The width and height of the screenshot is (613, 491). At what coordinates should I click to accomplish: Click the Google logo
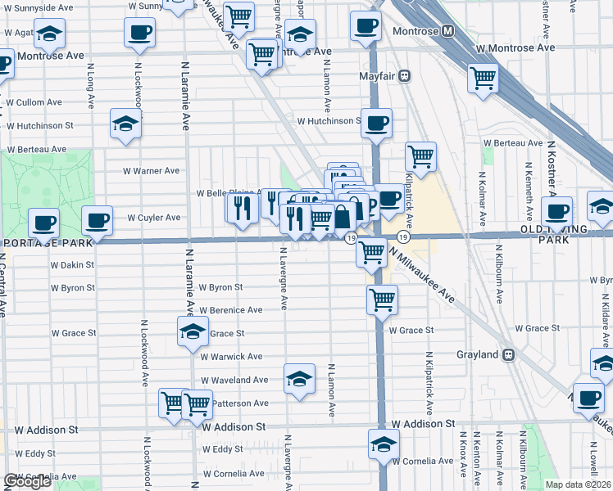[27, 481]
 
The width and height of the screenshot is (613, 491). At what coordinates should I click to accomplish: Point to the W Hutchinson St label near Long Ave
[40, 126]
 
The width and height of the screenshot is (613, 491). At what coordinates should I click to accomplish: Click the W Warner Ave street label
[151, 171]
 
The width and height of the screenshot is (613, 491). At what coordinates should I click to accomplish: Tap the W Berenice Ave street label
[231, 310]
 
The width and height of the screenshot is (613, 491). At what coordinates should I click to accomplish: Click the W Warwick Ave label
[232, 357]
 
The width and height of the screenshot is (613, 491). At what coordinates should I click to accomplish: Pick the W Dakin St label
[72, 265]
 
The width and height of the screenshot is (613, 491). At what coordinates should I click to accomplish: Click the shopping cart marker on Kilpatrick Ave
[420, 156]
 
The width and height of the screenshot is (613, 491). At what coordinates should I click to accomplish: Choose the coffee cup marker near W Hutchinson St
[377, 123]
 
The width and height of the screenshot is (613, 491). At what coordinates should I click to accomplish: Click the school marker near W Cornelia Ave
[383, 444]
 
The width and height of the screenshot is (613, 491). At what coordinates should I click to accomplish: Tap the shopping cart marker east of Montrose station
[483, 79]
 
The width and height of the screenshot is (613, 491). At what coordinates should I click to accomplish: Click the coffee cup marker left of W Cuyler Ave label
[97, 221]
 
